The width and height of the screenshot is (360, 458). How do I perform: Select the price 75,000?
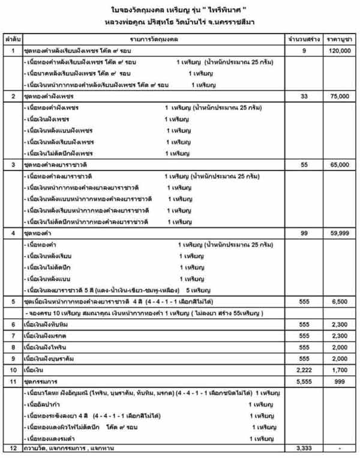[x=339, y=96]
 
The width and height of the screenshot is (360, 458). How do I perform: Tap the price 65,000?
[x=339, y=164]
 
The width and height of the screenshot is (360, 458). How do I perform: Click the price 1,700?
[x=339, y=369]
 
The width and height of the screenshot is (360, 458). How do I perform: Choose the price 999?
[x=339, y=381]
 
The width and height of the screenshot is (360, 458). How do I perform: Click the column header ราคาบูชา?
[x=339, y=39]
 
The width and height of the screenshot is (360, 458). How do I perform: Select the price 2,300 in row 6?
[x=339, y=324]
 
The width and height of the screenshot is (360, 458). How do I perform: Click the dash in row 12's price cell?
[x=339, y=448]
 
